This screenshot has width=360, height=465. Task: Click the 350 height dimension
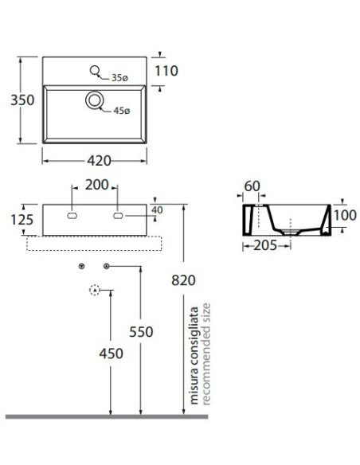(22, 100)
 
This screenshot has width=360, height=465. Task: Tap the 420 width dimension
(99, 161)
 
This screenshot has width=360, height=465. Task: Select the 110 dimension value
(166, 71)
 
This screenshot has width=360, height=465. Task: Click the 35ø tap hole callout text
(119, 78)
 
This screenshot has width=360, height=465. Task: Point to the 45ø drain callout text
(122, 111)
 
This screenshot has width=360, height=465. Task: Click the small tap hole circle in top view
(95, 70)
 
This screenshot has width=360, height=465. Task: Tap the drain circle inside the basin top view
(95, 100)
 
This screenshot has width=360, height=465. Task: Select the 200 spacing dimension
(97, 185)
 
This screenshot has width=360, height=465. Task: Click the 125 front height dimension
(22, 220)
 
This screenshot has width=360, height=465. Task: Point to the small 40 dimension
(157, 210)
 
